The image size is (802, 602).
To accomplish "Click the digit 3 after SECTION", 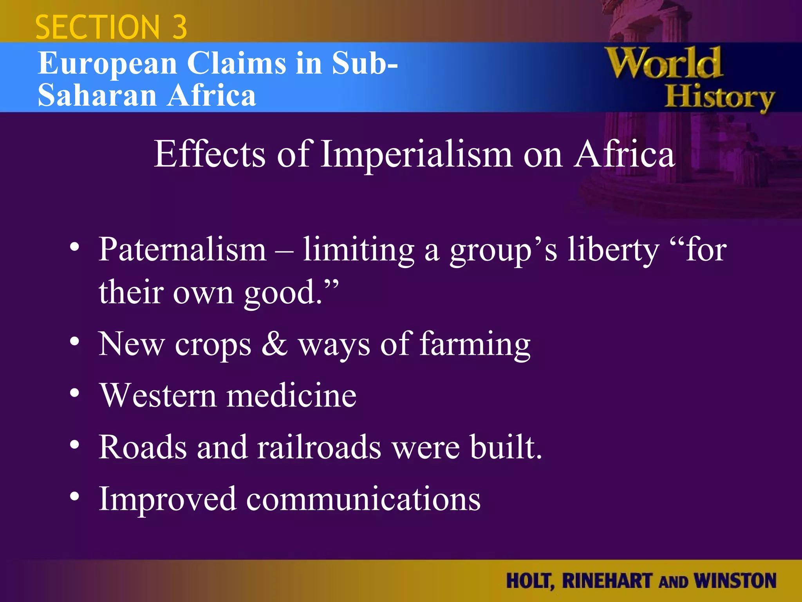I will coord(179,27).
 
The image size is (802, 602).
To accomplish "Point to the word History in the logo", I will coord(720,98).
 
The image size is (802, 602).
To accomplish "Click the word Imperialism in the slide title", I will coord(416,154).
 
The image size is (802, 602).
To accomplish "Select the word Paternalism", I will coord(182,250).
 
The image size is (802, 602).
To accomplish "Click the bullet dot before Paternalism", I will coord(74,247).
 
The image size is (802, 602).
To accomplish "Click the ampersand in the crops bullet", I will coord(275,344).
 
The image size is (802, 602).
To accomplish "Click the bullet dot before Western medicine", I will coord(74,393).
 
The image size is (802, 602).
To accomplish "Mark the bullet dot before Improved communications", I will coord(74,497).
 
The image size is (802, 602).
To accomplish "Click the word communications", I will coord(363,499).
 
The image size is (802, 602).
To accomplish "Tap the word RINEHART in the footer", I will coord(607,580).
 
